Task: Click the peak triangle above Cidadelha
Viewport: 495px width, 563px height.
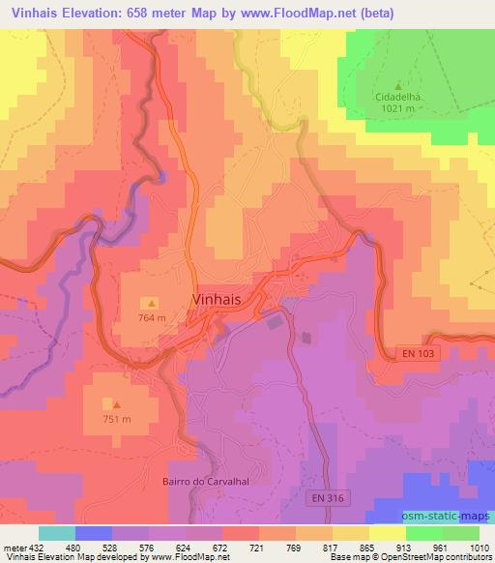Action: point(398,85)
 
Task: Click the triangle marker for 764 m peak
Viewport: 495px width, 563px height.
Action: point(152,303)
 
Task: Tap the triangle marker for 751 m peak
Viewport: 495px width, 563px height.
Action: point(117,404)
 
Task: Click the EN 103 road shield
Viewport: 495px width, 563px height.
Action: point(419,355)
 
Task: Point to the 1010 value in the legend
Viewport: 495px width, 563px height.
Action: point(480,548)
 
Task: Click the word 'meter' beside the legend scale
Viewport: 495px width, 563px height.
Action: point(14,548)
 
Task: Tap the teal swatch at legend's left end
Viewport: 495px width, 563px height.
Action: point(56,533)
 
